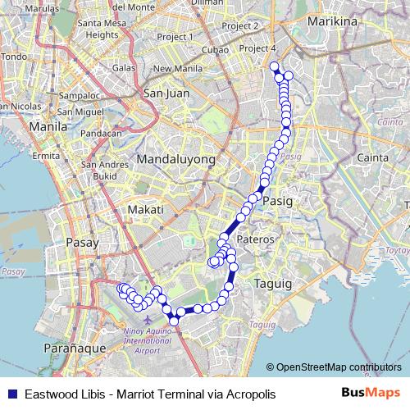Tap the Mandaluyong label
pyautogui.click(x=175, y=159)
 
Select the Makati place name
pyautogui.click(x=146, y=211)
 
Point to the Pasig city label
pyautogui.click(x=278, y=199)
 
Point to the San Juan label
pyautogui.click(x=166, y=93)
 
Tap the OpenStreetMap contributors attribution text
pyautogui.click(x=339, y=367)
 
